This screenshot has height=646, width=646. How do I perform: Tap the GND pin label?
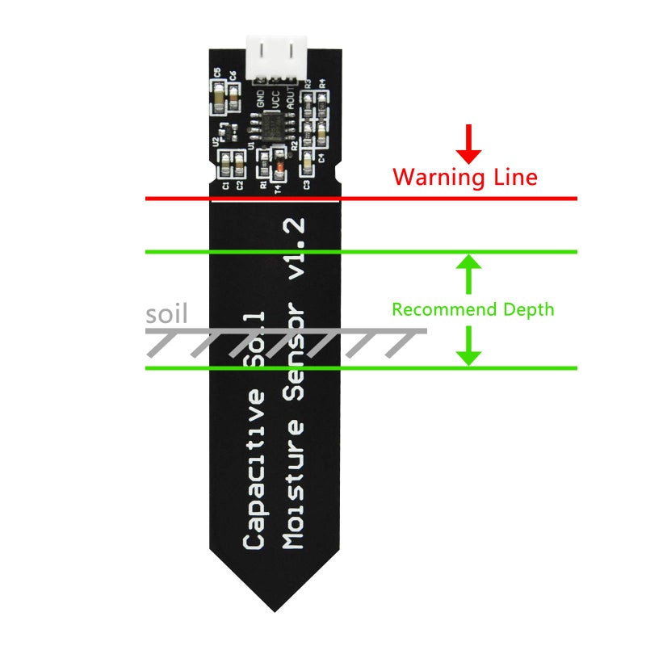(260, 99)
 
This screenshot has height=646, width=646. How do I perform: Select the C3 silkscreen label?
(308, 185)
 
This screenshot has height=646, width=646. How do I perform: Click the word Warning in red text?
(429, 176)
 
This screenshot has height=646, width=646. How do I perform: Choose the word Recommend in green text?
(444, 309)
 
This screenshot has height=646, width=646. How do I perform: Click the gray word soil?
(167, 313)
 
